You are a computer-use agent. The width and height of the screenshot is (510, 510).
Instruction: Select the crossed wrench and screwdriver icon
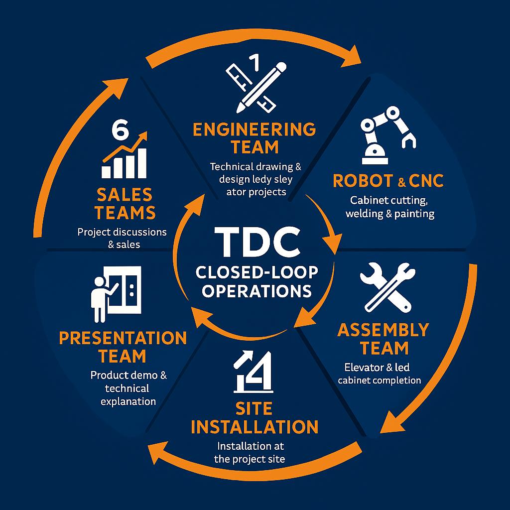(387, 287)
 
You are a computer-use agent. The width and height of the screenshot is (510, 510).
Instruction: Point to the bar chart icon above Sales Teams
(125, 157)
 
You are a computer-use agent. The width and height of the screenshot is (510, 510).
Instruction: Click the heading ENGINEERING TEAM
(254, 138)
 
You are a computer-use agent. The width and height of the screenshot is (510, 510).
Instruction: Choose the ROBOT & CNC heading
(387, 181)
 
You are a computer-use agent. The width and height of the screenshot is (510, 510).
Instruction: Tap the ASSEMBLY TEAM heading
(383, 338)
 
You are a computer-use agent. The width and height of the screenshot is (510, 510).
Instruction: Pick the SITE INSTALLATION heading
(254, 418)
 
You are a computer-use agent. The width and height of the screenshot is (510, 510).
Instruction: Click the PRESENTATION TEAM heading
(123, 347)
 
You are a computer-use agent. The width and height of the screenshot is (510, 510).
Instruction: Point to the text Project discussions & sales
(122, 238)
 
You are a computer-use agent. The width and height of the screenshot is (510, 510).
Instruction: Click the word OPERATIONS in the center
(254, 290)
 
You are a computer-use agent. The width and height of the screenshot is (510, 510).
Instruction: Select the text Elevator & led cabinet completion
(380, 374)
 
